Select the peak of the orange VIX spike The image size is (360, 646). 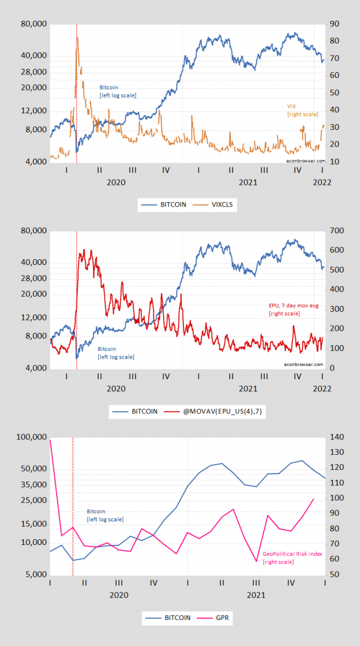tap(77, 38)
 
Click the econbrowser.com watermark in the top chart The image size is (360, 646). tap(304, 161)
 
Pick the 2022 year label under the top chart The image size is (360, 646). tap(321, 182)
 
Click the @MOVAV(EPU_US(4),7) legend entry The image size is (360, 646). tap(216, 412)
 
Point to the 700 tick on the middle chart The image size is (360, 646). tap(336, 231)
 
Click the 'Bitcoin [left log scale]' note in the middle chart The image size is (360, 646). tap(115, 353)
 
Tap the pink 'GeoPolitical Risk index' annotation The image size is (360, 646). tap(292, 558)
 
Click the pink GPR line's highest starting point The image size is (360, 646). tap(50, 440)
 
